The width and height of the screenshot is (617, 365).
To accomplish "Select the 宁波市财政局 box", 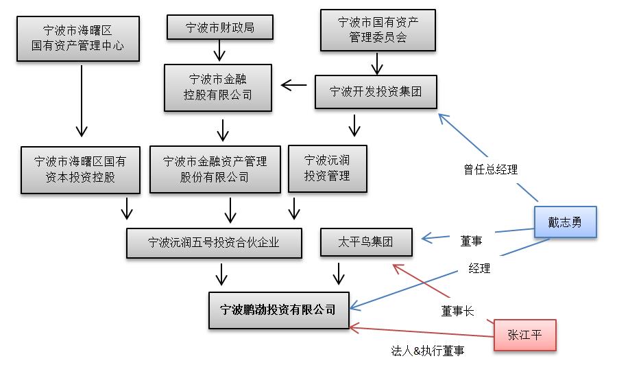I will [220, 27].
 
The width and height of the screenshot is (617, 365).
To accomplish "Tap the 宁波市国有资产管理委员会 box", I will [378, 30].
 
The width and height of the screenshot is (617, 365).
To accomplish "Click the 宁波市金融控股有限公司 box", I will [218, 87].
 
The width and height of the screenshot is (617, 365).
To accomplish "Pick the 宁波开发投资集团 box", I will [376, 92].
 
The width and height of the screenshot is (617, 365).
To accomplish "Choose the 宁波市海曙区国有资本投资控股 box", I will [80, 169].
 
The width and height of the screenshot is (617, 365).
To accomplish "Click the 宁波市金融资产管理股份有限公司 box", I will [215, 169].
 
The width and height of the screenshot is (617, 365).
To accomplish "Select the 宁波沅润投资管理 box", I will [328, 168].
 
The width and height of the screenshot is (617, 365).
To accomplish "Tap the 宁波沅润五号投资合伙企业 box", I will [214, 242].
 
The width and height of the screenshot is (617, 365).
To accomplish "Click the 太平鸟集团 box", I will [366, 242].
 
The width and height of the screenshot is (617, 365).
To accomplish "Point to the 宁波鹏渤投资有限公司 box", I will [278, 309].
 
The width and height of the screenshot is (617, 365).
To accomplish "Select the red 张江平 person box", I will [524, 335].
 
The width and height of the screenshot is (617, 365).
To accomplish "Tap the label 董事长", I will [457, 311].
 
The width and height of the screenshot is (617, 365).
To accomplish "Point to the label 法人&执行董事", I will [427, 351].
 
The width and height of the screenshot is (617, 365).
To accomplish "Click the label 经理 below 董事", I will [479, 268].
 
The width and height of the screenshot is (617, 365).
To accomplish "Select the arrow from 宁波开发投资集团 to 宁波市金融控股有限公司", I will [295, 86].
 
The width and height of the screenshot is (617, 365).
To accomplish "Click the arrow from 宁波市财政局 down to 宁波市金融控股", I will [219, 50].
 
